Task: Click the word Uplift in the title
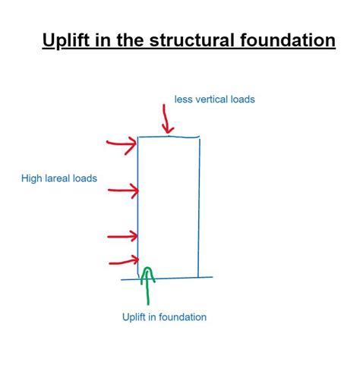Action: coord(66,40)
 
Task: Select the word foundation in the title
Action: coord(288,40)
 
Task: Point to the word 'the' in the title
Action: coord(130,40)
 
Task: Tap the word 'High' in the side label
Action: coord(32,178)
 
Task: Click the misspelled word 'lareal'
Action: coord(57,178)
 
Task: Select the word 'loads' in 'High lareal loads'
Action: coord(85,178)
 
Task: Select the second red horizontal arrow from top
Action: coord(124,190)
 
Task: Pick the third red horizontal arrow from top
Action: coord(122,237)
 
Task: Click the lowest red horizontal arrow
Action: coord(124,262)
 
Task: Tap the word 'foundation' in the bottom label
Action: coord(183,317)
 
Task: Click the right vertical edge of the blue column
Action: coord(199,207)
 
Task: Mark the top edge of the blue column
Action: coord(169,137)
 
